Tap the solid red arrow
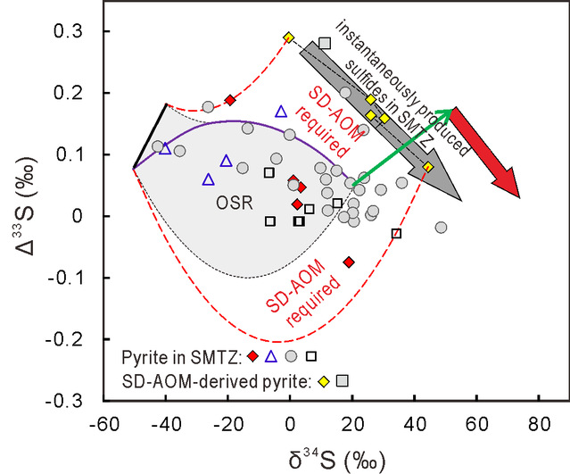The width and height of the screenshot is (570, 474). click(487, 151)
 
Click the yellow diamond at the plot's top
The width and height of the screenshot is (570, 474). click(289, 37)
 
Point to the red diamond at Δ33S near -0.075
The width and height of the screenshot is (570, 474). click(349, 262)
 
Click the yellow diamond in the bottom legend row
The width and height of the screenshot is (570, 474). click(323, 380)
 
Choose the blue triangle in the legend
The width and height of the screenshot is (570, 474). click(271, 356)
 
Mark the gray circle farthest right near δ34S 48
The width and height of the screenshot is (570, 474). click(441, 228)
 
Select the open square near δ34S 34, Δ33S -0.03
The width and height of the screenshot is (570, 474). click(397, 233)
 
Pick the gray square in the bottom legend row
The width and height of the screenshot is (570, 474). click(342, 380)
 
